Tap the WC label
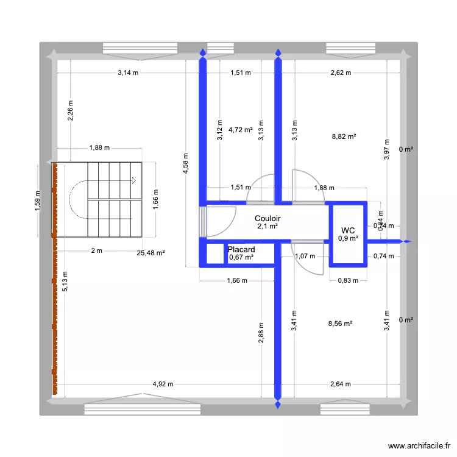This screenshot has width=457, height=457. [348, 230]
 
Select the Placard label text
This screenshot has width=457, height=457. [241, 250]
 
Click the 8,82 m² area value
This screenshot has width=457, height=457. [344, 137]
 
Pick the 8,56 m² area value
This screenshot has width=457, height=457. [341, 325]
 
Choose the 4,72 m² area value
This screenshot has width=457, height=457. [240, 130]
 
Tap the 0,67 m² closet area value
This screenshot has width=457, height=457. [241, 258]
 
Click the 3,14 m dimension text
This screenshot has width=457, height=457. [128, 73]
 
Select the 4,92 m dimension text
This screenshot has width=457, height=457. [163, 384]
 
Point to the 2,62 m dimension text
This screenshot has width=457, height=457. [341, 73]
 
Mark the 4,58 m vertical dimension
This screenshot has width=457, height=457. [186, 163]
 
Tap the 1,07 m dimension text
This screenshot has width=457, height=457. [305, 256]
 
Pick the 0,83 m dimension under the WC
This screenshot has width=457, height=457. [348, 280]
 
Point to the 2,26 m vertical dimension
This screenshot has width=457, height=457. [71, 112]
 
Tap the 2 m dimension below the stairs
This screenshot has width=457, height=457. [96, 250]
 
